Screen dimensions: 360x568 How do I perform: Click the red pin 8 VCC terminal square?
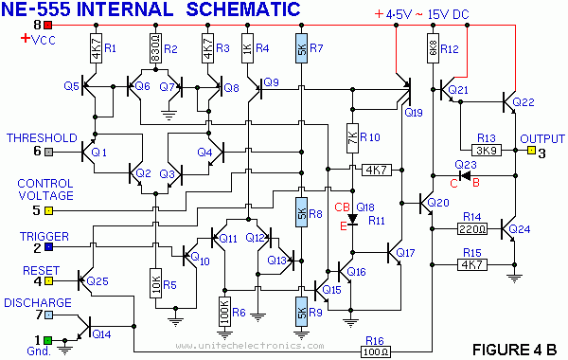tap(47, 24)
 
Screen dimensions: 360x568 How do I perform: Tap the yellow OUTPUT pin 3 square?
tap(530, 151)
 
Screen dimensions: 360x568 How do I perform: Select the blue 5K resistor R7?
tap(301, 48)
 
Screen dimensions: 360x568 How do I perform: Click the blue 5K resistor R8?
tap(301, 213)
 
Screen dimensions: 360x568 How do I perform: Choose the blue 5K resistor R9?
tap(301, 311)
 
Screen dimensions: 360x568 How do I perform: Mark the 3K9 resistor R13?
tap(487, 150)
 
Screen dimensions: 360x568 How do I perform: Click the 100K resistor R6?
tap(225, 312)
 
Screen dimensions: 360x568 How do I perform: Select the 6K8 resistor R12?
tap(431, 48)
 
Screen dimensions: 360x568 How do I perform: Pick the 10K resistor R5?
tap(156, 282)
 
